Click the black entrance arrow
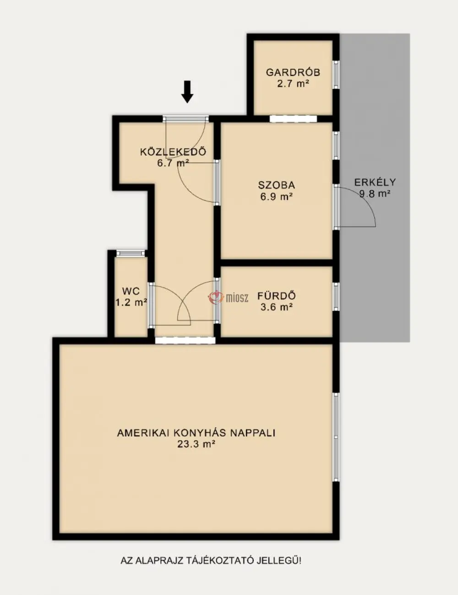[x=187, y=92]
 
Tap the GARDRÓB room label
[x=293, y=72]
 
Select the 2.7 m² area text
[x=293, y=83]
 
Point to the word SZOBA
[x=277, y=185]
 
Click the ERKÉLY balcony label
[x=375, y=182]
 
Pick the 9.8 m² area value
[x=375, y=194]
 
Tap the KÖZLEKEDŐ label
[x=173, y=152]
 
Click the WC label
[x=131, y=291]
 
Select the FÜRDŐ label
[x=277, y=296]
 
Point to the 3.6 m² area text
[x=277, y=307]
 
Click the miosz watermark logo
[x=228, y=297]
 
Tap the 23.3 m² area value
[x=196, y=444]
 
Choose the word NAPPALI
[x=252, y=433]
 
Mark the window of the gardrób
[x=336, y=75]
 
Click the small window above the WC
[x=131, y=253]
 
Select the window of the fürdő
[x=336, y=297]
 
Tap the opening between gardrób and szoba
[x=293, y=119]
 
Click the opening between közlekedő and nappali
[x=185, y=340]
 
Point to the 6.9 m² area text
[x=277, y=197]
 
